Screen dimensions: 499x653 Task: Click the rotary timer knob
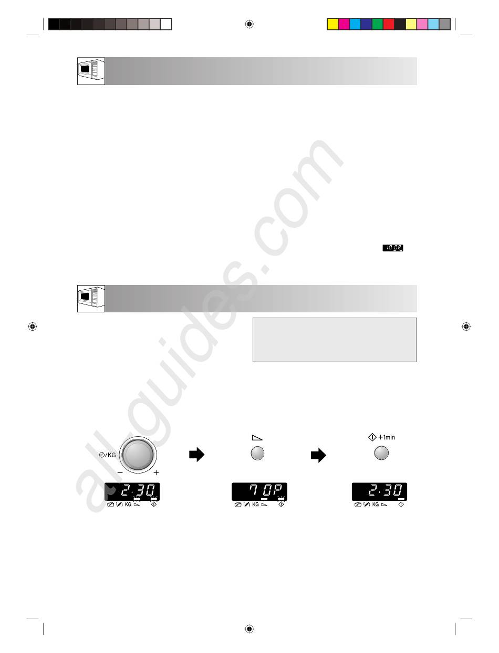coord(138,454)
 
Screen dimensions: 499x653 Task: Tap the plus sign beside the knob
coord(156,472)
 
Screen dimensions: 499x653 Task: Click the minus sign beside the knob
coord(120,472)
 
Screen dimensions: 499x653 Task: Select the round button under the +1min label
coord(381,453)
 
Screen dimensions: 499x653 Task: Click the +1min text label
coord(387,437)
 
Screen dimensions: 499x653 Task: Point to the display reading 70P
coord(259,491)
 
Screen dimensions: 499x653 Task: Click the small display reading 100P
coord(393,248)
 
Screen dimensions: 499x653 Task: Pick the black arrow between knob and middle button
coord(196,454)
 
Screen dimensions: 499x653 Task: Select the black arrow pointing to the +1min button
coord(318,455)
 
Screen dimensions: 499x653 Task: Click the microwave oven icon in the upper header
coord(91,71)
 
